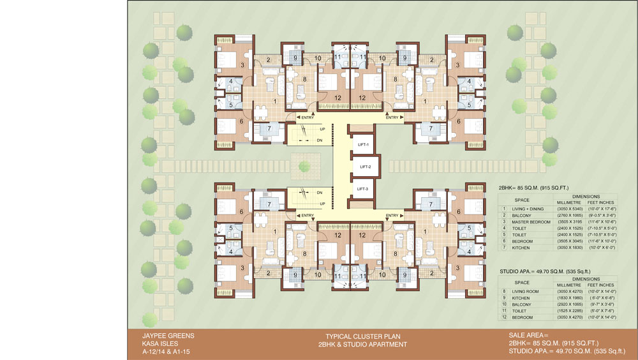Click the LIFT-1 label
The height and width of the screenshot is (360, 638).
(363, 145)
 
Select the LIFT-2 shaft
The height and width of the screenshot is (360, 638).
(366, 167)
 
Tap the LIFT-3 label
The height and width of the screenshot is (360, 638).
(363, 189)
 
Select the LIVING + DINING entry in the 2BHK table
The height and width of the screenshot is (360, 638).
(528, 209)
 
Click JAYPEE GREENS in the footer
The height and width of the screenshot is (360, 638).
(158, 335)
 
